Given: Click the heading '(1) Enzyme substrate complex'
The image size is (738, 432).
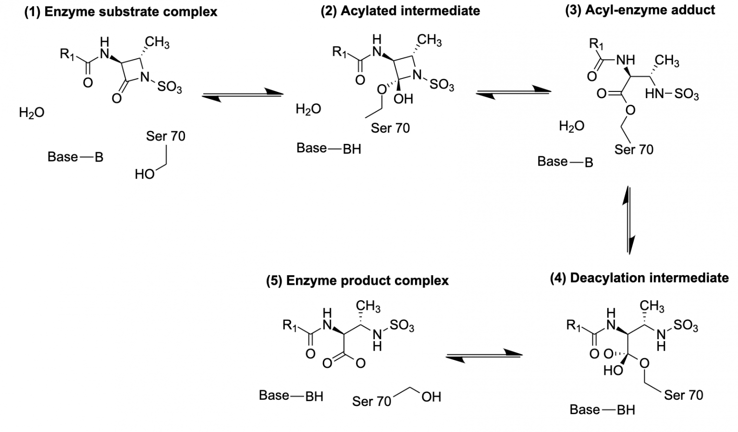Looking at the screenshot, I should pyautogui.click(x=121, y=12).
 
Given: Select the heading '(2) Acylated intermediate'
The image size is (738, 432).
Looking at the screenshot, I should pyautogui.click(x=400, y=11).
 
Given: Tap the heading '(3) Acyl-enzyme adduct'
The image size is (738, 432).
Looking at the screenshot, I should pyautogui.click(x=640, y=10).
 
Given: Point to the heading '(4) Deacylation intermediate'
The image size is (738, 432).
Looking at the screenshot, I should pyautogui.click(x=639, y=278).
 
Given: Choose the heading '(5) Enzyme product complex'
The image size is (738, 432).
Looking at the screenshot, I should pyautogui.click(x=357, y=280).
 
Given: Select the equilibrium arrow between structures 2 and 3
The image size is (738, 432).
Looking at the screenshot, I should pyautogui.click(x=514, y=92).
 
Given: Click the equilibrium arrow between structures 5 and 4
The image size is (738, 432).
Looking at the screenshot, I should pyautogui.click(x=484, y=356).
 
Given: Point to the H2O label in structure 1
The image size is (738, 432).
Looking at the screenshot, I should pyautogui.click(x=32, y=113).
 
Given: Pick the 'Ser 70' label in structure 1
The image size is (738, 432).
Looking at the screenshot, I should pyautogui.click(x=165, y=136).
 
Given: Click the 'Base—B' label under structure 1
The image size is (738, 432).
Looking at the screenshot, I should pyautogui.click(x=75, y=157).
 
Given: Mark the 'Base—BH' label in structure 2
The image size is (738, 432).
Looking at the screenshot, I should pyautogui.click(x=329, y=149).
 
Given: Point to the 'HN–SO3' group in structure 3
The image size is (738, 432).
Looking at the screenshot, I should pyautogui.click(x=672, y=94).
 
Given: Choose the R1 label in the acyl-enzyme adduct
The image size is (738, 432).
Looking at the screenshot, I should pyautogui.click(x=596, y=44).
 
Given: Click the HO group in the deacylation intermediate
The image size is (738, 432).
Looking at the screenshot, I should pyautogui.click(x=613, y=370).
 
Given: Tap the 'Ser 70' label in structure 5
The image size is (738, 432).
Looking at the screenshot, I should pyautogui.click(x=371, y=401).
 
